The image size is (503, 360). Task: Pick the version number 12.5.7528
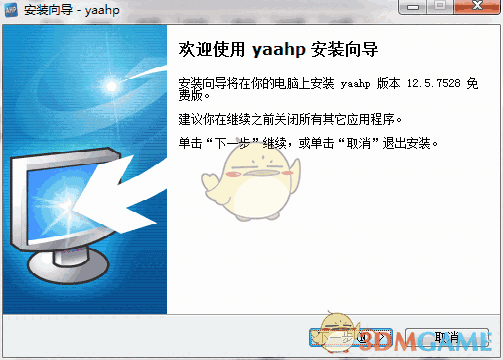(433, 81)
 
